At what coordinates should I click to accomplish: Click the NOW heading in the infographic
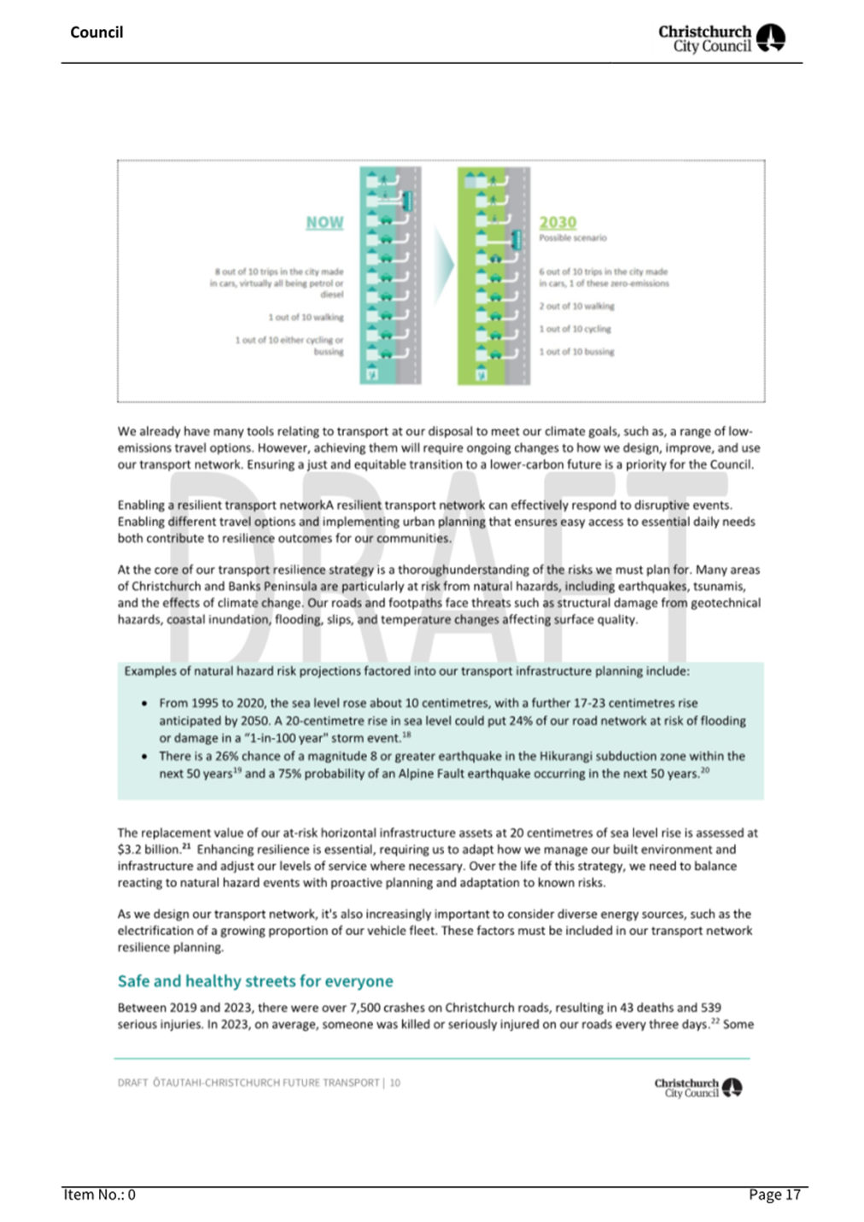coord(324,223)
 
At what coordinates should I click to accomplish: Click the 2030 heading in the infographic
coord(558,223)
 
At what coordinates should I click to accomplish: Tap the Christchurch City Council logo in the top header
coord(721,38)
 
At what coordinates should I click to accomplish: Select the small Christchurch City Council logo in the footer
coord(698,1087)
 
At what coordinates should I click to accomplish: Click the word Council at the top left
coord(96,32)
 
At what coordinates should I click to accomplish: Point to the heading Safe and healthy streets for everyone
coord(255,981)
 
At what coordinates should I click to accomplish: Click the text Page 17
coord(774,1195)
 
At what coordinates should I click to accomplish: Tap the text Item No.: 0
coord(99,1195)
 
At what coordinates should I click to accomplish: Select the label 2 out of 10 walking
coord(576,306)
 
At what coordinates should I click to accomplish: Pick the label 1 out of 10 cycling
coord(575,329)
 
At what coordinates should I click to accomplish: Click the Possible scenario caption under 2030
coord(573,238)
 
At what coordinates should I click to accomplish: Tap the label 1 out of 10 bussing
coord(576,352)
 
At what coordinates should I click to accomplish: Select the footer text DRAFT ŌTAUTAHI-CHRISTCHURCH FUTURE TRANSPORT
coord(248,1083)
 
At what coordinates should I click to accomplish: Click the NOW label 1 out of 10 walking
coord(306,318)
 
